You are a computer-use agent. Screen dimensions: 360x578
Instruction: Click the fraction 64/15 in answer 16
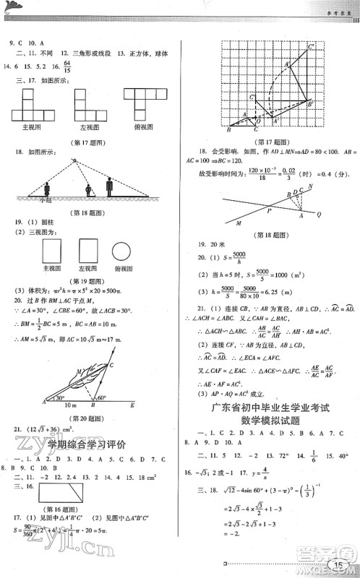[x=67, y=69]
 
